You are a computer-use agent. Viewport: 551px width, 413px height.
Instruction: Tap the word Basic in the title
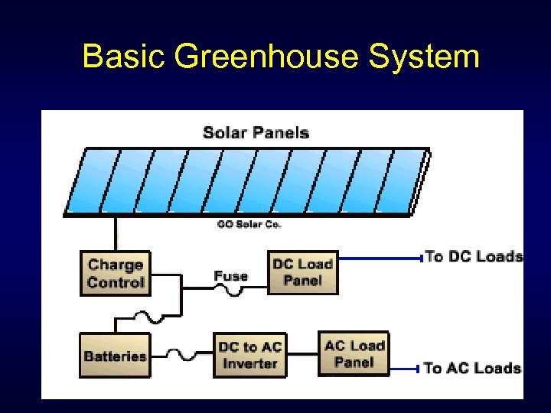pos(124,57)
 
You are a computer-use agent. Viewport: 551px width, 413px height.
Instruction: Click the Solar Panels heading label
pos(256,132)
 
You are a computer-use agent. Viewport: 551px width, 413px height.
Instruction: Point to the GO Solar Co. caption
pos(249,224)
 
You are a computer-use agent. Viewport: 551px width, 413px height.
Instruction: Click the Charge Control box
pos(116,273)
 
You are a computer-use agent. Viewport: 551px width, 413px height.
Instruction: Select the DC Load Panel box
pos(302,272)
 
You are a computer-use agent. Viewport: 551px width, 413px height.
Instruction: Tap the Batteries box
pos(115,356)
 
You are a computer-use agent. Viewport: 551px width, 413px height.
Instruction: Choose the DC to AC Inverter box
pos(249,355)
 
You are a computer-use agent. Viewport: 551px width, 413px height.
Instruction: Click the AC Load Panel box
pos(354,353)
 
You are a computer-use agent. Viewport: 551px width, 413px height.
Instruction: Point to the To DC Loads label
pos(474,256)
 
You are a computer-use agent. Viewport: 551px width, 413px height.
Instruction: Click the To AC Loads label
pos(473,368)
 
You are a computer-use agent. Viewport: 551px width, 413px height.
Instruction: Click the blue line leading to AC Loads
pos(406,368)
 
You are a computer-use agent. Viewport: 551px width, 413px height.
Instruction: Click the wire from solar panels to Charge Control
pos(116,233)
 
